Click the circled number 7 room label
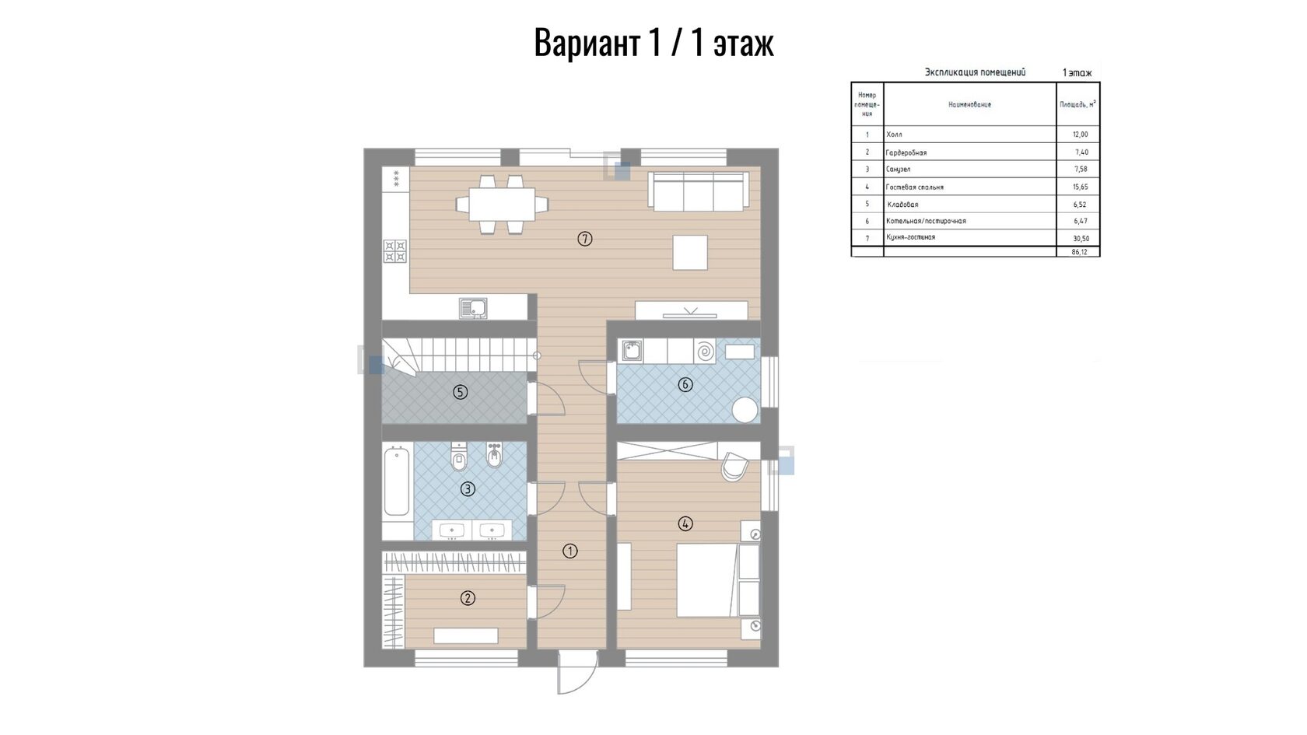pos(585,239)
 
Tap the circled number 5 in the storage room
pos(461,392)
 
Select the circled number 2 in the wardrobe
pos(468,598)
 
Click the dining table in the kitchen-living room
pos(502,204)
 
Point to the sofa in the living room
pos(699,191)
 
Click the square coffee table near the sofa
pos(690,253)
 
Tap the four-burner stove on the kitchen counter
pos(395,251)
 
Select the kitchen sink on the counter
pos(473,308)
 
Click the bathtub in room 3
pos(397,481)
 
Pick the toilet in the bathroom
pos(459,457)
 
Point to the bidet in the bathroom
pos(495,455)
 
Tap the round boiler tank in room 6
pos(745,409)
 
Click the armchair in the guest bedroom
pos(734,466)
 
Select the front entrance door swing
pos(577,673)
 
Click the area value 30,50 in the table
pos(1081,239)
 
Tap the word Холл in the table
pos(894,135)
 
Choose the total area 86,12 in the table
pos(1080,252)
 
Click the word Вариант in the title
pos(587,42)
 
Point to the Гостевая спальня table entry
pos(914,187)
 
